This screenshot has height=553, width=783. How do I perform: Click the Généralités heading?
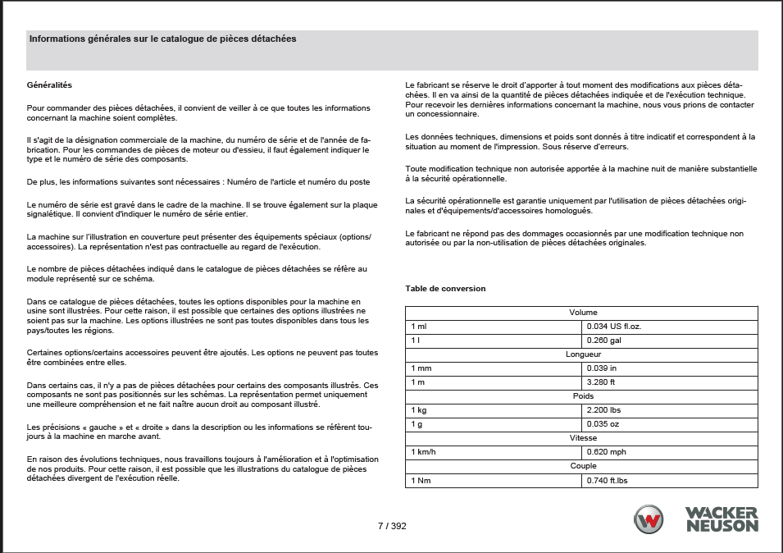pyautogui.click(x=50, y=85)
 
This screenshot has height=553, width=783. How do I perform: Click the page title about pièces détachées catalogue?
pyautogui.click(x=162, y=39)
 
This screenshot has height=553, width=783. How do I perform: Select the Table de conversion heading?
pyautogui.click(x=445, y=289)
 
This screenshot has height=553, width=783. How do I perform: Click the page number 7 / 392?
pyautogui.click(x=392, y=526)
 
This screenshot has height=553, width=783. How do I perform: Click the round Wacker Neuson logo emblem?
pyautogui.click(x=649, y=519)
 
